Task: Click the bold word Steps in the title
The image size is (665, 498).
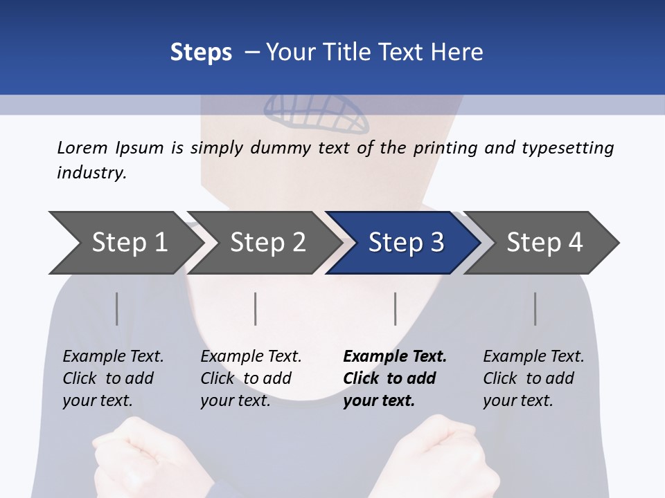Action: pos(201,53)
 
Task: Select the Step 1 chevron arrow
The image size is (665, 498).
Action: pos(125,243)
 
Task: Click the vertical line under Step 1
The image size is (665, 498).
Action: pos(117,308)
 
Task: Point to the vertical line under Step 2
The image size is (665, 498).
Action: pos(256,308)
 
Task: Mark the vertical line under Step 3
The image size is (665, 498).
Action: pos(396,308)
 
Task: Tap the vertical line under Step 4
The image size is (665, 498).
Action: pos(535,308)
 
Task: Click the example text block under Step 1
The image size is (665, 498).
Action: pos(112,378)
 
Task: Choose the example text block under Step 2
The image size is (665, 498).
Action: pos(250,378)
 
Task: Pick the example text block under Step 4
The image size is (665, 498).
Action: pos(533,378)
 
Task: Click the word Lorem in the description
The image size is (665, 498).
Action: pos(82,148)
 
